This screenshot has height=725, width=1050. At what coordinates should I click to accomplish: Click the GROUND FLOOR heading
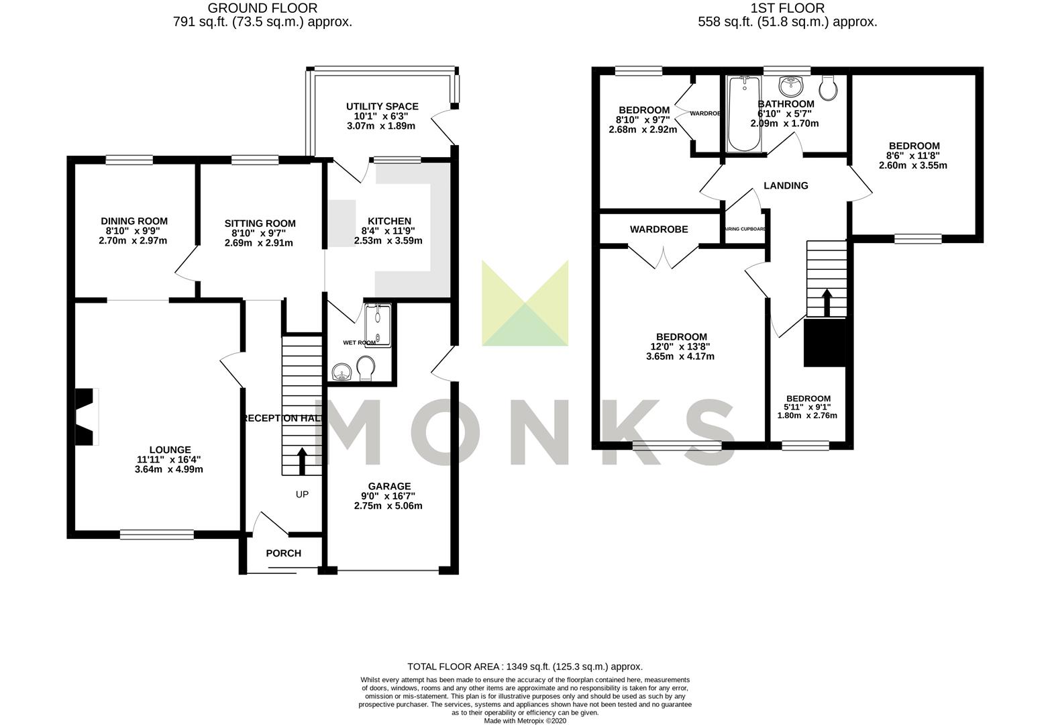pos(262,8)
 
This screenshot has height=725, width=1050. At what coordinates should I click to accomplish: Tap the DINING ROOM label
pos(134,221)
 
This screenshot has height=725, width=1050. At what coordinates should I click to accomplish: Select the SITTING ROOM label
pos(260,224)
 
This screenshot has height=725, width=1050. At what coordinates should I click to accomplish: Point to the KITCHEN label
pos(389,221)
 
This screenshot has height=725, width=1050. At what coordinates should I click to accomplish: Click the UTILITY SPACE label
pos(382,106)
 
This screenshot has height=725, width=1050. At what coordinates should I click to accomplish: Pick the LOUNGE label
pos(170,450)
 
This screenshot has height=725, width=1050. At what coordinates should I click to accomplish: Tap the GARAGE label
pos(389,486)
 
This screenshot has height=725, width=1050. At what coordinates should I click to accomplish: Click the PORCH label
pos(284,553)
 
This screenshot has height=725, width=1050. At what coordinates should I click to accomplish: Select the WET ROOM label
pos(359,342)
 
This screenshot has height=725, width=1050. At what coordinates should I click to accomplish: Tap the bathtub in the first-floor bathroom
pos(745,114)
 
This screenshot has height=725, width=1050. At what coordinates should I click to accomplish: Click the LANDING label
pos(786,185)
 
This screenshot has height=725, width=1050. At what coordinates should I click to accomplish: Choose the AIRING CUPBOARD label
pos(745,229)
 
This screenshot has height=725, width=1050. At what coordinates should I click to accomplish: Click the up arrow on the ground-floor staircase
pos(301,461)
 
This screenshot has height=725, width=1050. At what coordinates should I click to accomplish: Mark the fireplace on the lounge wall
pos(85,416)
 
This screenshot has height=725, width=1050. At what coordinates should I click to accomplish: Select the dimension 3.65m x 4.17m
pos(681,356)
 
